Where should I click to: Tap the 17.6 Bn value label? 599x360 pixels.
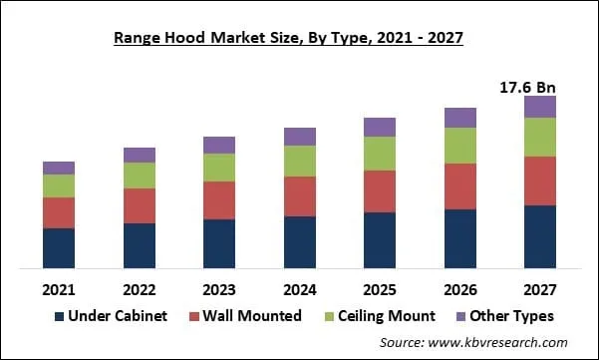click(x=526, y=88)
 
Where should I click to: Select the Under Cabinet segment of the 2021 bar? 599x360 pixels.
click(x=59, y=247)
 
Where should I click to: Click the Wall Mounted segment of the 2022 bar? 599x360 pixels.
click(x=140, y=205)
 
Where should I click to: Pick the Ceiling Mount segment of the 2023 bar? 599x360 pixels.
click(x=219, y=168)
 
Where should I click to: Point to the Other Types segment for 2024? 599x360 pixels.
click(x=300, y=137)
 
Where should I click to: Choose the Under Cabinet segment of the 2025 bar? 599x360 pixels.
click(x=380, y=239)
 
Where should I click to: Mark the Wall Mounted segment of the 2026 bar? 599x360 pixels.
click(x=460, y=185)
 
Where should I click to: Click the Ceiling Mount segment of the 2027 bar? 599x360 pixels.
click(x=540, y=137)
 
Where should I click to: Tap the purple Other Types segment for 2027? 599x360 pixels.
click(x=540, y=107)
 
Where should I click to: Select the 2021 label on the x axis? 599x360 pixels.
click(x=59, y=289)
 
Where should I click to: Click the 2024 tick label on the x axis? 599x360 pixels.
click(x=300, y=289)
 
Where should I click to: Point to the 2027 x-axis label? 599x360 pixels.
click(x=540, y=289)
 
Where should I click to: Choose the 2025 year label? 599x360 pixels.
click(x=380, y=289)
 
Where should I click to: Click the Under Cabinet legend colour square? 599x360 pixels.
click(x=60, y=316)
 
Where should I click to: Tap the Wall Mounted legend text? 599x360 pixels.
click(x=252, y=316)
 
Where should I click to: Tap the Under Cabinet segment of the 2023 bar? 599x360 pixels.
click(x=219, y=243)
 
